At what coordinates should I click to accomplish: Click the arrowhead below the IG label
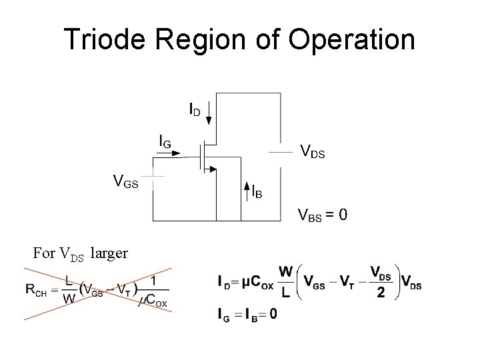[x=176, y=153]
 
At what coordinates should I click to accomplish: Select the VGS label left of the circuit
[x=126, y=181]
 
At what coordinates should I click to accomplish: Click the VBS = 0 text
[x=322, y=217]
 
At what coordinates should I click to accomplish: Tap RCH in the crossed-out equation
[x=35, y=290]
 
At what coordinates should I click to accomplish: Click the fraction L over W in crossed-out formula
[x=69, y=291]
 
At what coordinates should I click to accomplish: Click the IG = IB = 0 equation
[x=247, y=314]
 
